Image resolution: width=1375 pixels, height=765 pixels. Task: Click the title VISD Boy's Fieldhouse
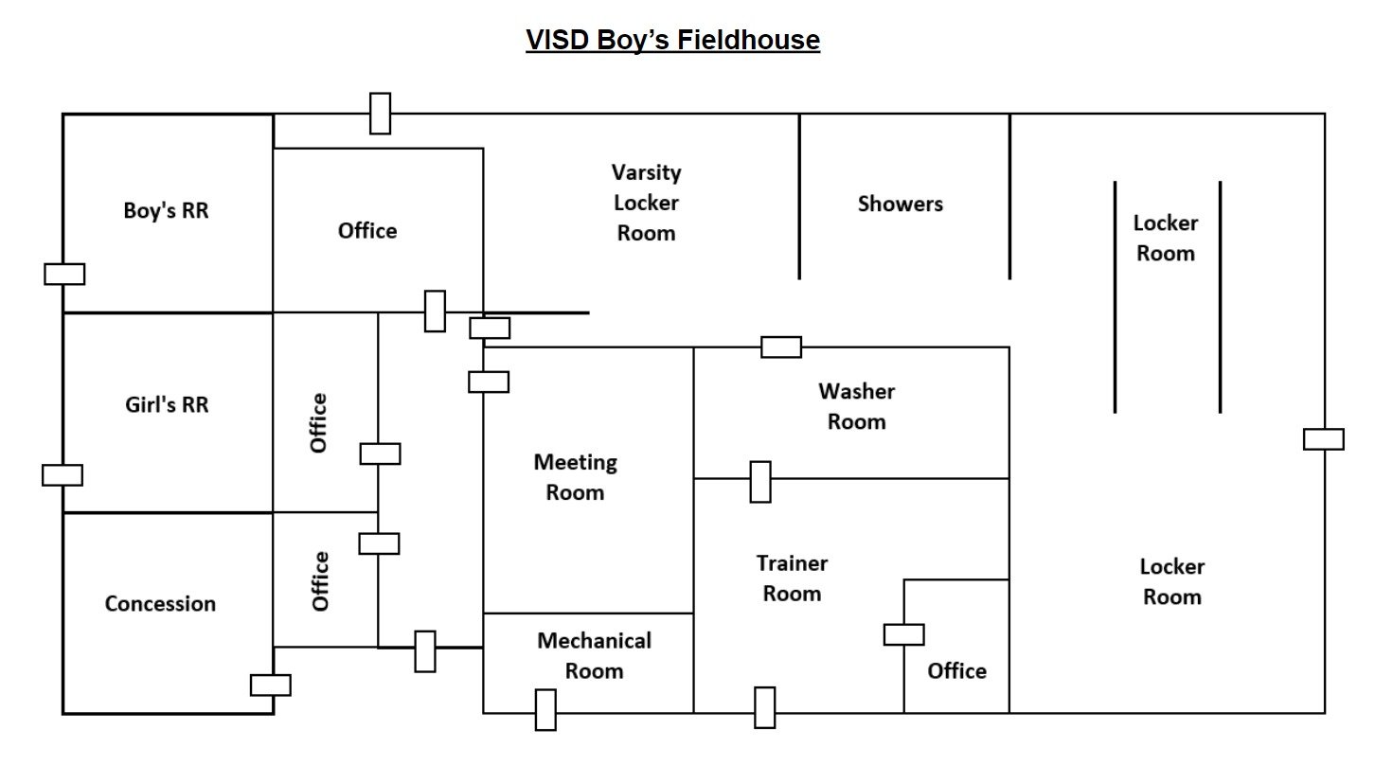click(672, 40)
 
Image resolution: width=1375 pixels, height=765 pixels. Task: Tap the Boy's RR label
click(166, 210)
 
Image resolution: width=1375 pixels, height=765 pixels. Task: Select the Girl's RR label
click(167, 404)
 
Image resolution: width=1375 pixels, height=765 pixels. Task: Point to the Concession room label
click(160, 603)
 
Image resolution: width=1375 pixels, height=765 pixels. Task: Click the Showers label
click(900, 204)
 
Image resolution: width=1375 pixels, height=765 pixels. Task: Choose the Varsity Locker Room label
click(646, 203)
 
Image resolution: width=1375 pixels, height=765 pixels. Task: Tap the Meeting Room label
click(575, 477)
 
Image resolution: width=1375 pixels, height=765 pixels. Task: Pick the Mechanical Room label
click(594, 655)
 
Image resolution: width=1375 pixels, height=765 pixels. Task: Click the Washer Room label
click(856, 406)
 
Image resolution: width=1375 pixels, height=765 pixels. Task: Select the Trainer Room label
click(792, 578)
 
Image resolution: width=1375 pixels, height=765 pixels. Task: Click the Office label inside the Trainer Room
click(956, 670)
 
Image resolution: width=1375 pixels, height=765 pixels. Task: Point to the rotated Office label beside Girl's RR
click(318, 422)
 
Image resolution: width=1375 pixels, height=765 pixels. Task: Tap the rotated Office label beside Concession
click(320, 580)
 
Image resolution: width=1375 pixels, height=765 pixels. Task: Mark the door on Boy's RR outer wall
click(64, 274)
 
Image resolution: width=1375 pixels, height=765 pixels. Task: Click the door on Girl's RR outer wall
click(62, 474)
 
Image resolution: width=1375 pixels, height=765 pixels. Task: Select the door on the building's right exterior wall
click(1323, 439)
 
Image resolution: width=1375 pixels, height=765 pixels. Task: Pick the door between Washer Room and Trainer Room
click(759, 481)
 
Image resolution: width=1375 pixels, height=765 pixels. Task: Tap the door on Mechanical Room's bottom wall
click(545, 710)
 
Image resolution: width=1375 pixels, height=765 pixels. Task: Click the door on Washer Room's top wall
click(781, 347)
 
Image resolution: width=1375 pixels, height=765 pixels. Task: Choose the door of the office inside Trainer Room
click(903, 634)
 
